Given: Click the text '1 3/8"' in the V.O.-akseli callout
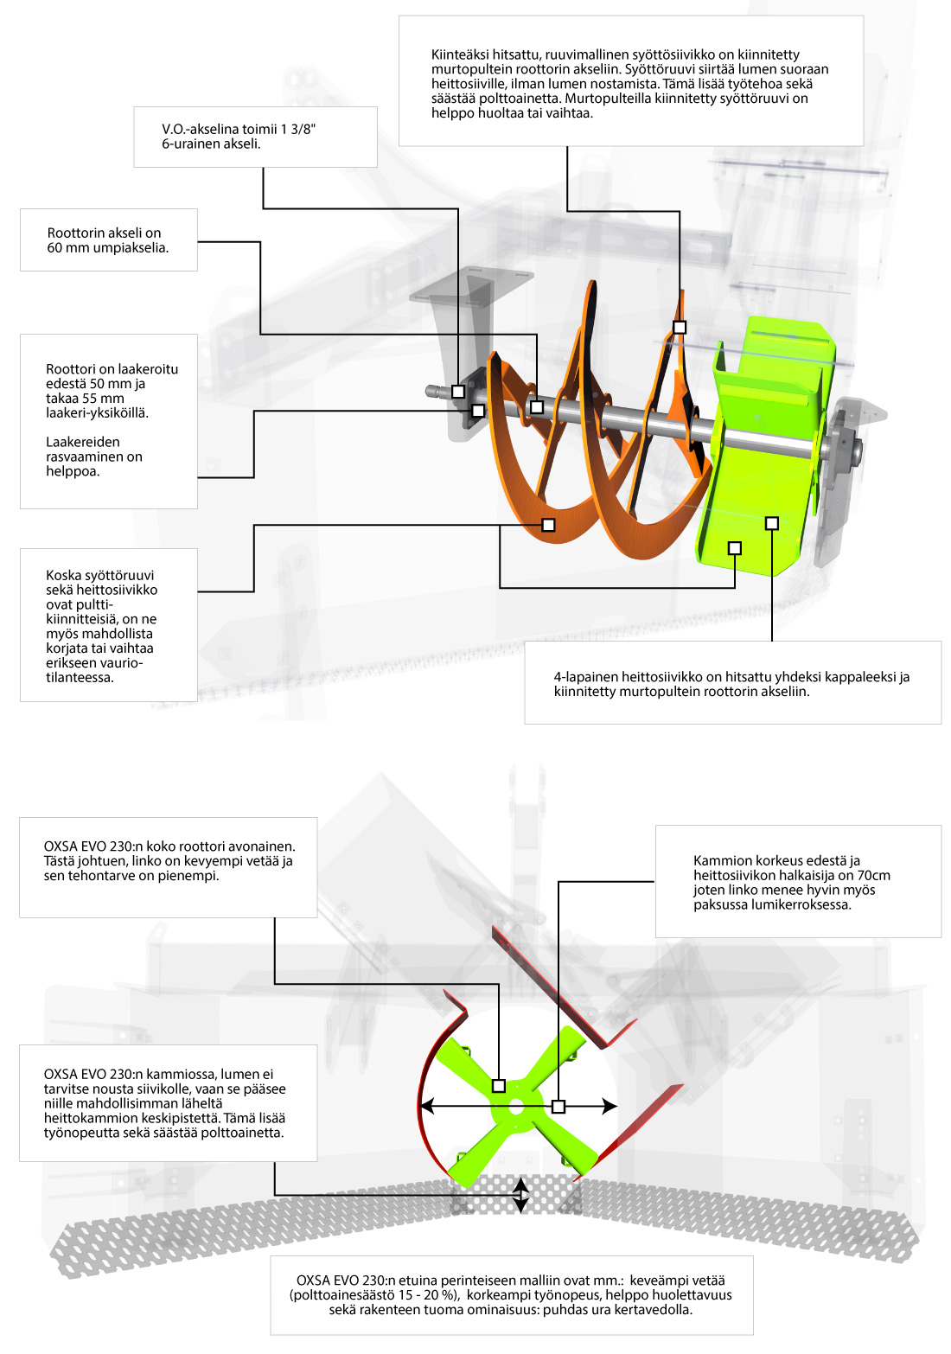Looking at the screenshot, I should coord(297,129).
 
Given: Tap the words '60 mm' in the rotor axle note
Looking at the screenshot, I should coord(67,247).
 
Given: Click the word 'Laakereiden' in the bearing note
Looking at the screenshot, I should coord(83,442).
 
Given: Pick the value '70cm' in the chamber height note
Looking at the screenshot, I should coord(873,875).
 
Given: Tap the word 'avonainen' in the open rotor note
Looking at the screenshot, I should coord(263,846).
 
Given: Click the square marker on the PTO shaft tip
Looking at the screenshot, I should coord(458,392).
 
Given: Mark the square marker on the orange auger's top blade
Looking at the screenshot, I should coord(680,327).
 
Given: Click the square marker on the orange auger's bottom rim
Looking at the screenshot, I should coord(548,525).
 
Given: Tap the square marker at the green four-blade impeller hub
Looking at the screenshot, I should coord(499,1085).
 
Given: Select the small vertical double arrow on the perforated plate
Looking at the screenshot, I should coord(520,1194).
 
